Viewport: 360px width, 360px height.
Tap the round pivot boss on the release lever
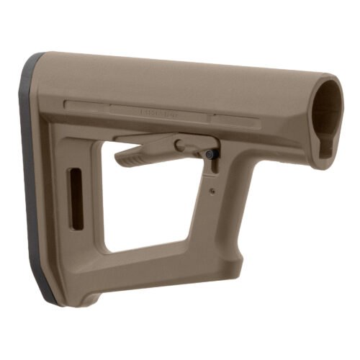[x=181, y=145]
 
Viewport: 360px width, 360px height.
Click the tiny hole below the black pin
[x=212, y=191]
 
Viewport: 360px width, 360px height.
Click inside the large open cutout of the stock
[x=155, y=202]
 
